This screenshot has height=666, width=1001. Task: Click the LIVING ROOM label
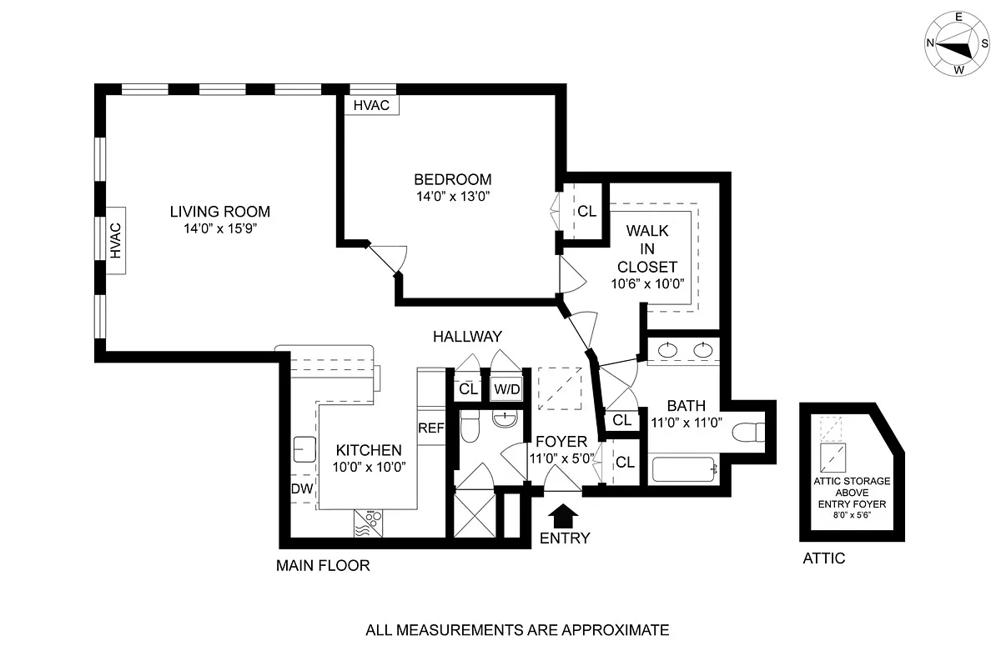(x=220, y=211)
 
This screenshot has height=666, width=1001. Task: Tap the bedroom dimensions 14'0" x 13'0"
(x=453, y=197)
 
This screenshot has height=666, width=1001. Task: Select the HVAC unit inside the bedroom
(x=371, y=105)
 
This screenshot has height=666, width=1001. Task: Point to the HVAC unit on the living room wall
(x=116, y=241)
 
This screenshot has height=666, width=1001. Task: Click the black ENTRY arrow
(x=563, y=517)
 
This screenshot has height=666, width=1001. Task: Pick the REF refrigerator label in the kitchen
(x=431, y=428)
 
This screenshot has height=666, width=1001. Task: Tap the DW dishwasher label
(x=302, y=488)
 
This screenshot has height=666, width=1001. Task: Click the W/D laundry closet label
(x=507, y=389)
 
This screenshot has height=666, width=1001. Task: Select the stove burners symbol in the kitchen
(x=369, y=523)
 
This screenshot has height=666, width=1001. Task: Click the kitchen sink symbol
(x=304, y=449)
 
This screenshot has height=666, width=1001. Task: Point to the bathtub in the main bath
(x=683, y=469)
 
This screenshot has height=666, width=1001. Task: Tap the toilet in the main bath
(x=748, y=432)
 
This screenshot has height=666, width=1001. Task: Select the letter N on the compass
(x=930, y=43)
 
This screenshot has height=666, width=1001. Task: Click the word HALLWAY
(x=467, y=337)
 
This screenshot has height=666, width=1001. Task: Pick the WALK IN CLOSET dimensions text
(x=647, y=283)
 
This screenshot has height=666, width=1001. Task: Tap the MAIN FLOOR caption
(x=323, y=565)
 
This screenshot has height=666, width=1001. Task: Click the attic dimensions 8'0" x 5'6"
(x=852, y=515)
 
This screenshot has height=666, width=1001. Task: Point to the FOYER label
(x=561, y=441)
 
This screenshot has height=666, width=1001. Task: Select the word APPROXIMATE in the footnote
(x=616, y=630)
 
